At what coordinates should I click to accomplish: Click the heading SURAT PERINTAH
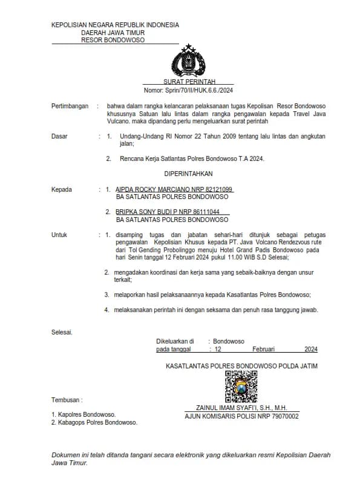(x=188, y=82)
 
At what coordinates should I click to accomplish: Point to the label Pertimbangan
(x=70, y=105)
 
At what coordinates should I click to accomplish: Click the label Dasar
(x=59, y=137)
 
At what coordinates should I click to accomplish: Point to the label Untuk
(x=59, y=235)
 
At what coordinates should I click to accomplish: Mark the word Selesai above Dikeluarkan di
(x=62, y=332)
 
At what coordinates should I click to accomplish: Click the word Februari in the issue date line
(x=263, y=349)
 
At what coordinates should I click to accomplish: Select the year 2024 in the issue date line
(x=310, y=349)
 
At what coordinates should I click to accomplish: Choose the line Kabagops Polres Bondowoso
(x=97, y=422)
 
